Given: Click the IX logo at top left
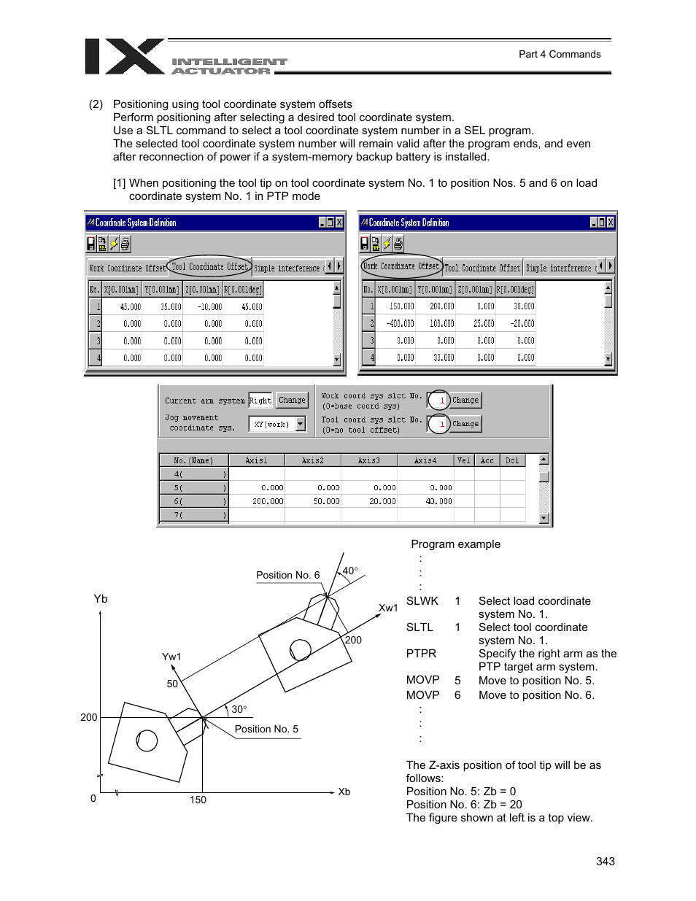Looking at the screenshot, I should click(124, 57).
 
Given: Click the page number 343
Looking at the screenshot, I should click(605, 861).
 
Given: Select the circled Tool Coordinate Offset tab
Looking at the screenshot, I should click(209, 267).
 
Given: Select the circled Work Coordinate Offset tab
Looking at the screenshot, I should click(401, 266).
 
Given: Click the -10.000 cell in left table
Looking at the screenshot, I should click(209, 307).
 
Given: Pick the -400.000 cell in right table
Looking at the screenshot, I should click(400, 323).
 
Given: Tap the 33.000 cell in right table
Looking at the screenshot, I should click(442, 357).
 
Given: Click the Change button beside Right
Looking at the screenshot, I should click(292, 400).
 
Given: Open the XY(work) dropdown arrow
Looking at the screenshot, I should click(301, 424).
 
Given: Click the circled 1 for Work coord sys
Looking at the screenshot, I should click(439, 401).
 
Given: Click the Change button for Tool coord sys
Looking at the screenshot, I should click(465, 424).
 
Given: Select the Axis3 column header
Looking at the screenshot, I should click(369, 460).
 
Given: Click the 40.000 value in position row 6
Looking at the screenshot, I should click(438, 501).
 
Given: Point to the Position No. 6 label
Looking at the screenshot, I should click(287, 575).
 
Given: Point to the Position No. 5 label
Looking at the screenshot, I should click(266, 729).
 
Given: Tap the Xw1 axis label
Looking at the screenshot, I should click(388, 608).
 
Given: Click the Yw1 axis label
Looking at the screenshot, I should click(171, 657).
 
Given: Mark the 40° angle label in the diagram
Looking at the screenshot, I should click(350, 571).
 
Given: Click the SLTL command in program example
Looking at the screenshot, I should click(419, 627).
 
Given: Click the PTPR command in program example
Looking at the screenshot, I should click(421, 654).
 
